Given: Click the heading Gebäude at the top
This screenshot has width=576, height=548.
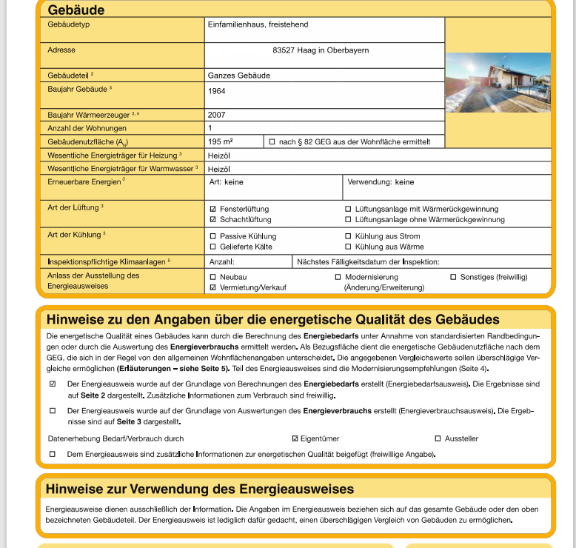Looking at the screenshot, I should [x=76, y=10].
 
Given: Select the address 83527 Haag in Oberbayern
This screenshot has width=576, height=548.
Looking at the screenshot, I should [x=321, y=50].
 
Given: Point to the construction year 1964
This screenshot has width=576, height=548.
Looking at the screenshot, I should [x=217, y=92].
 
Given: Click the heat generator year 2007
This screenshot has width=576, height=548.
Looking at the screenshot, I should [x=217, y=116].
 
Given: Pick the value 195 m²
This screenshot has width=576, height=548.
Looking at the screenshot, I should [x=221, y=141].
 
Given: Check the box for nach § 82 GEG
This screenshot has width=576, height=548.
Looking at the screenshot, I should [x=272, y=141].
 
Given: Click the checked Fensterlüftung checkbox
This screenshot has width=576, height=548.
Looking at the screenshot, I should [x=213, y=210].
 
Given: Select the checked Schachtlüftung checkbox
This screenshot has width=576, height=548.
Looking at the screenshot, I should [x=213, y=220].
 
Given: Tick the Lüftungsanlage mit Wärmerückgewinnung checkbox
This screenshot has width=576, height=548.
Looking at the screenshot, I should [x=348, y=210].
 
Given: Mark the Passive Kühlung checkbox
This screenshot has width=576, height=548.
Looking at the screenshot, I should [x=213, y=237].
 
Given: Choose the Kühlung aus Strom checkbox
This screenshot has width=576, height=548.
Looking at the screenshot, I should [x=348, y=237].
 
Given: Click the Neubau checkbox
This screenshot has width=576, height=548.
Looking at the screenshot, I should [x=213, y=277].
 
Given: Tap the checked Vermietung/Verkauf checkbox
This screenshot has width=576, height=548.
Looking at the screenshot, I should [x=213, y=287].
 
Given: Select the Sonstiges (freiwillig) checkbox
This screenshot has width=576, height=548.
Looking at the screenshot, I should [x=453, y=277].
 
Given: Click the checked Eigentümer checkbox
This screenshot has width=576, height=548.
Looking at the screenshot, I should [x=295, y=438].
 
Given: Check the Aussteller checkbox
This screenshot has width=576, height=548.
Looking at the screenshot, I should [x=438, y=438].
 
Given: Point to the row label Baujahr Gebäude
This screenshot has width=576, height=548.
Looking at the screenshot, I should [x=78, y=89].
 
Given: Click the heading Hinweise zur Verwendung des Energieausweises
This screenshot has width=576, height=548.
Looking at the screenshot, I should [x=200, y=489].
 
